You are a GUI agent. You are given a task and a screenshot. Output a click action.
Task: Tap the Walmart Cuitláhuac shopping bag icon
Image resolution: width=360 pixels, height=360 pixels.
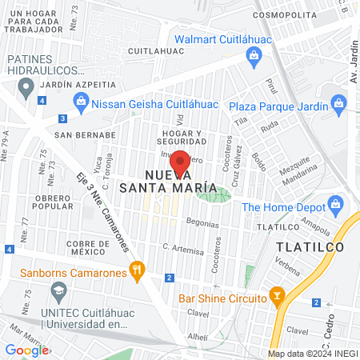coord(254,55)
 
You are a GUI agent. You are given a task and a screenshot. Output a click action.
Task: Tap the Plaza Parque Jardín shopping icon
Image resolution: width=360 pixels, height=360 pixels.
coord(338,105)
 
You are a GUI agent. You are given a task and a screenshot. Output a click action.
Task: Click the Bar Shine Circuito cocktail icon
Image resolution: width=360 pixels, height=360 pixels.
coord(277,298)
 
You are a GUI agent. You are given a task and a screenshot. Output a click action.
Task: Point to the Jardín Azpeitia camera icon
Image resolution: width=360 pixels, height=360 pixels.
coord(24,83)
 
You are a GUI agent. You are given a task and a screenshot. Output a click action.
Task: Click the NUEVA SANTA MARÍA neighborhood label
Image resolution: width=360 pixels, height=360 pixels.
coord(168,181)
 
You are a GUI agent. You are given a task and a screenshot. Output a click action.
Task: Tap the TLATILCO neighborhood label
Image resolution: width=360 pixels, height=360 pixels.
coord(310,247)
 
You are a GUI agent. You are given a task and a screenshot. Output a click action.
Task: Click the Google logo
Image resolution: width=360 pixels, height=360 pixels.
coord(26,350)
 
